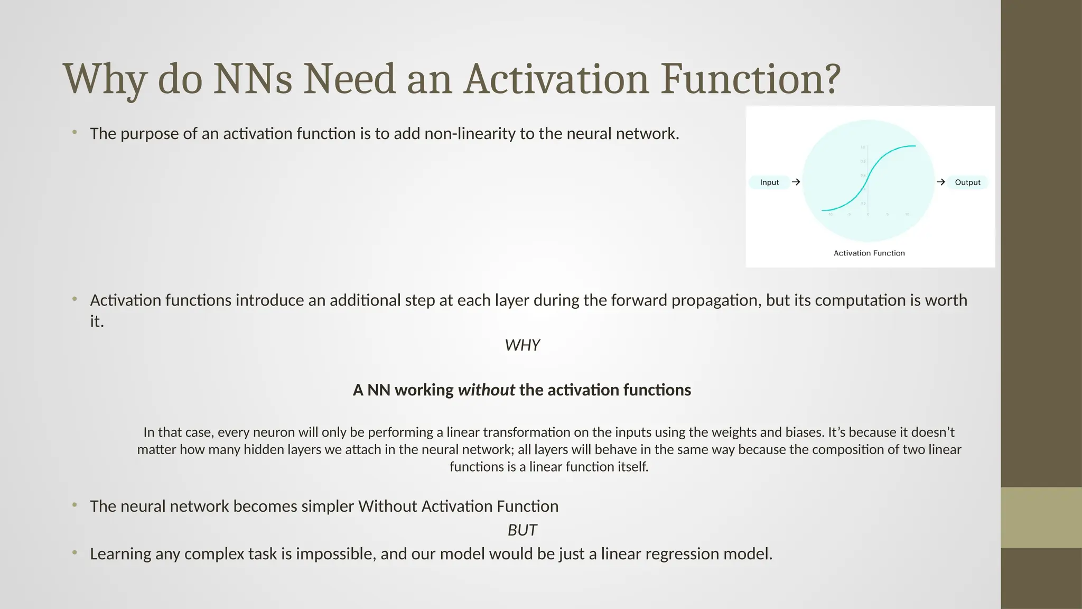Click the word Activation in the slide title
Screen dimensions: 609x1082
point(556,79)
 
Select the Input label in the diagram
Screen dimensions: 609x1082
point(769,182)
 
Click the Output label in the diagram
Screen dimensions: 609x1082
point(967,182)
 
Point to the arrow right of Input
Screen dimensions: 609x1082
point(796,182)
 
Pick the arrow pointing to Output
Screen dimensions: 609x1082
point(940,182)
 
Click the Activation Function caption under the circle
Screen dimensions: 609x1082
point(869,253)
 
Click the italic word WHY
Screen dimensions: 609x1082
point(522,345)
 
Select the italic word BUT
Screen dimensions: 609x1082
point(522,530)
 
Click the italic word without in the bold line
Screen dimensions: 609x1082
point(486,390)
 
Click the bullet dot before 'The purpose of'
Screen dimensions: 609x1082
point(75,132)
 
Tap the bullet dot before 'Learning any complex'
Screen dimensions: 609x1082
point(75,552)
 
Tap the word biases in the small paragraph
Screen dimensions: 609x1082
point(804,432)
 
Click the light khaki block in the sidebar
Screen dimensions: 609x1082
point(1041,518)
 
